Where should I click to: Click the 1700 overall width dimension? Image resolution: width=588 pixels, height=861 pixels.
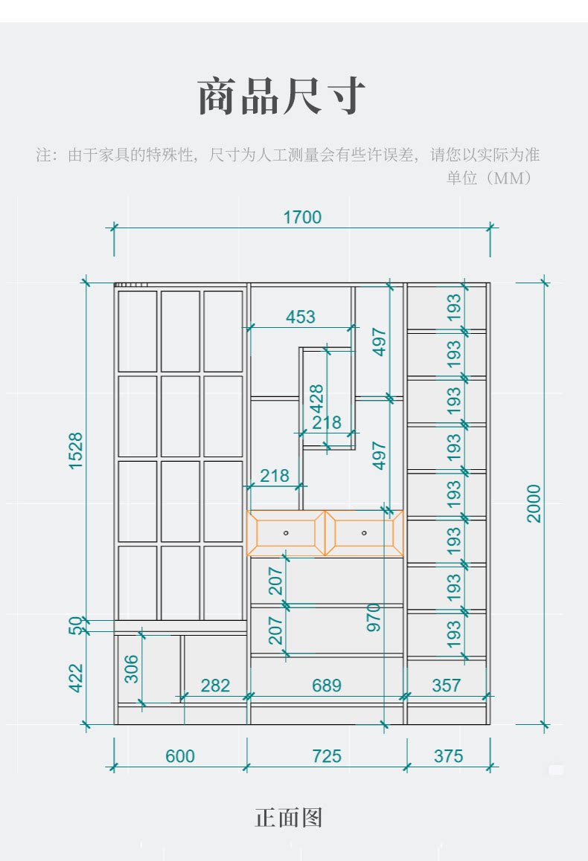[x=302, y=217]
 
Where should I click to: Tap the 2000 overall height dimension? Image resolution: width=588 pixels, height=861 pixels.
[x=534, y=503]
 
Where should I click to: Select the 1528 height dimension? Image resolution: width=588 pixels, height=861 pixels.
[x=76, y=451]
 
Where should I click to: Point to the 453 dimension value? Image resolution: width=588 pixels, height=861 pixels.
[x=301, y=317]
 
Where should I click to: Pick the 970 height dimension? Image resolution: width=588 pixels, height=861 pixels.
[x=374, y=617]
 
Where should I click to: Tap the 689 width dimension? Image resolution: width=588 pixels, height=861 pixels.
[x=327, y=685]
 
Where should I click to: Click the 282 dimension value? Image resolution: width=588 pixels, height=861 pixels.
[x=215, y=685]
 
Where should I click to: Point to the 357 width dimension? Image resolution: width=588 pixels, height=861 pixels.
[x=447, y=685]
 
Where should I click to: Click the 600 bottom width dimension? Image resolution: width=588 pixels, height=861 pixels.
[x=179, y=756]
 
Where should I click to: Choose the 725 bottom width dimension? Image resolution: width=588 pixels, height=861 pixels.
[x=327, y=756]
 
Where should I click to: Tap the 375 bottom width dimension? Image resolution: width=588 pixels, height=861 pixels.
[x=448, y=756]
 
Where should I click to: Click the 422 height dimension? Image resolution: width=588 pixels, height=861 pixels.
[x=76, y=677]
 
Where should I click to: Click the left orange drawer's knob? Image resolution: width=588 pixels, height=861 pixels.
[x=286, y=533]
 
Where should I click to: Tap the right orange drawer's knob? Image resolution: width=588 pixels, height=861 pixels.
[x=364, y=533]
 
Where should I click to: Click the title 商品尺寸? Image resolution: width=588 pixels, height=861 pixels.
[x=282, y=97]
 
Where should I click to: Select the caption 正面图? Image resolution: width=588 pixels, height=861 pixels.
[x=289, y=818]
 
